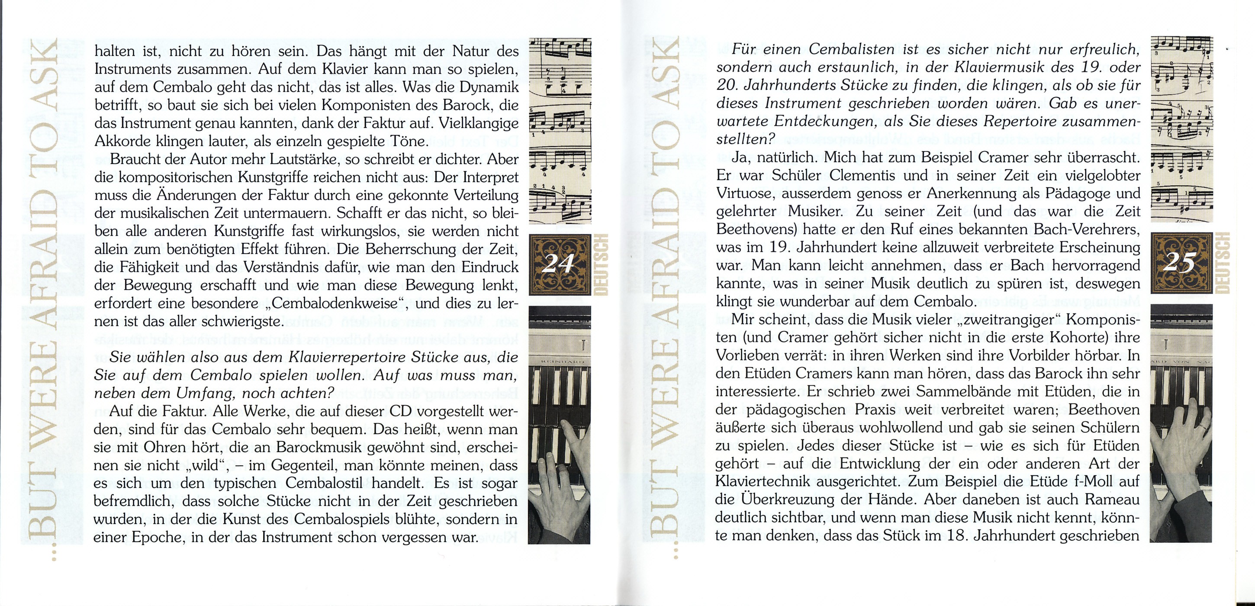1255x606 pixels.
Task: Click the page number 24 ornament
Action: coord(558,264)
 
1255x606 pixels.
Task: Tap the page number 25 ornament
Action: coord(1181,264)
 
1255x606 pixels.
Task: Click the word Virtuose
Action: coord(744,193)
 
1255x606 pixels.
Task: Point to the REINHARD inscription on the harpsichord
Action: coord(558,376)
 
